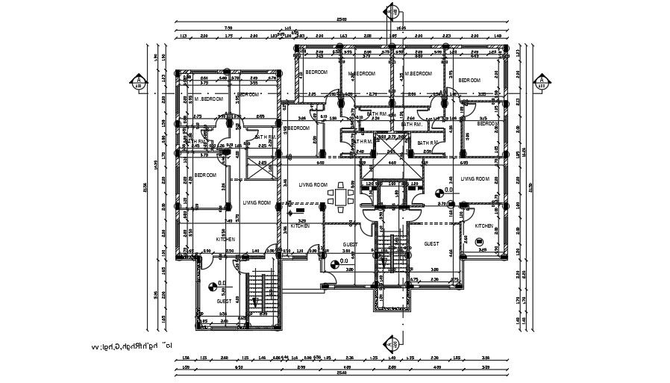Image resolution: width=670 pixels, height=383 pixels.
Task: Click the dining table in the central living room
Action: (342, 197)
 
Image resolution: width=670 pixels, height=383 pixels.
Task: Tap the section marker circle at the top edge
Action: (392, 13)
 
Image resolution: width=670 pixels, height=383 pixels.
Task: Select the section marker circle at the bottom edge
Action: (392, 344)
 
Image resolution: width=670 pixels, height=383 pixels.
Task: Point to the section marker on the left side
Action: (138, 83)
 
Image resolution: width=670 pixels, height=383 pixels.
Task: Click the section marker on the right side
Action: (542, 83)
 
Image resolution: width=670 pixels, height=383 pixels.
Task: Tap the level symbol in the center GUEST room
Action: (333, 263)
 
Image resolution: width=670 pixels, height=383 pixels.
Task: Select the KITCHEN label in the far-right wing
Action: (484, 225)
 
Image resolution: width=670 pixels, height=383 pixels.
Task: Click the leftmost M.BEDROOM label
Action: (210, 99)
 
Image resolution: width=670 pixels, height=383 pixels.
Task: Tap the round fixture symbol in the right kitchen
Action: (480, 241)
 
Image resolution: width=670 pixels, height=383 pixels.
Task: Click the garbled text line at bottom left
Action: (131, 346)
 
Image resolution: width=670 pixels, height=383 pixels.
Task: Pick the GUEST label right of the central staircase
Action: (431, 244)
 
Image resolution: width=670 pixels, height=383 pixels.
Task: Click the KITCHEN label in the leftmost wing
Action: (225, 239)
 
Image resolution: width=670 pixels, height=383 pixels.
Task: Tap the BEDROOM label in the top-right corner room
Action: (469, 80)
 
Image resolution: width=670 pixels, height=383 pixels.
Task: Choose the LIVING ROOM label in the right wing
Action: (475, 179)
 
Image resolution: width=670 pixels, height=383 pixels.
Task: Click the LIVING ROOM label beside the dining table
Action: (313, 184)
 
